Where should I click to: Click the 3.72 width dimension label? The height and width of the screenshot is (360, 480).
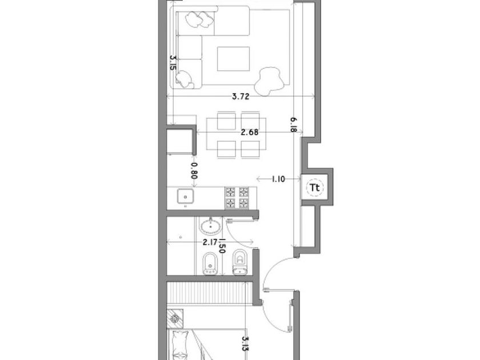tap(241, 97)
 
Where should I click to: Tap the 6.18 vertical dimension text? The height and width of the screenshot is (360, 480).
tap(294, 125)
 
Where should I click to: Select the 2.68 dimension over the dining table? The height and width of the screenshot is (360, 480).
tap(250, 132)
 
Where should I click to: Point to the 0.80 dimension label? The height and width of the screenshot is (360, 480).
tap(194, 170)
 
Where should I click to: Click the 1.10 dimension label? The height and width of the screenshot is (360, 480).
tap(278, 179)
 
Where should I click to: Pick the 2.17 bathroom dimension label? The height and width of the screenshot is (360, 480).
tap(211, 242)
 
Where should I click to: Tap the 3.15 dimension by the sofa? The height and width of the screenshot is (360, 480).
tap(173, 63)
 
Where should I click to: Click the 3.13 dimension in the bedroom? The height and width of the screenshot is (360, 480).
tap(246, 343)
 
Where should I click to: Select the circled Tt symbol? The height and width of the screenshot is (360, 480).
tap(315, 187)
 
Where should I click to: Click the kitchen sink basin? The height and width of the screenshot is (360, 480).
tap(185, 196)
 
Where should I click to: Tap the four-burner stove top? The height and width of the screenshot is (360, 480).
tap(237, 198)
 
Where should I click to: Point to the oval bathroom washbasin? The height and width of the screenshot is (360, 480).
tap(210, 226)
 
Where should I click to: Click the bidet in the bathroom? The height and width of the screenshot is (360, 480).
tap(210, 264)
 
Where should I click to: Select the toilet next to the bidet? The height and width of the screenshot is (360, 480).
tap(240, 262)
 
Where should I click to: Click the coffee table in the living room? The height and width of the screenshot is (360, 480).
tap(233, 59)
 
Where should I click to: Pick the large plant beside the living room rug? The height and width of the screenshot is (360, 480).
tap(269, 81)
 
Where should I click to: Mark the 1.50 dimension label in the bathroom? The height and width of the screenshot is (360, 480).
tap(222, 246)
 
